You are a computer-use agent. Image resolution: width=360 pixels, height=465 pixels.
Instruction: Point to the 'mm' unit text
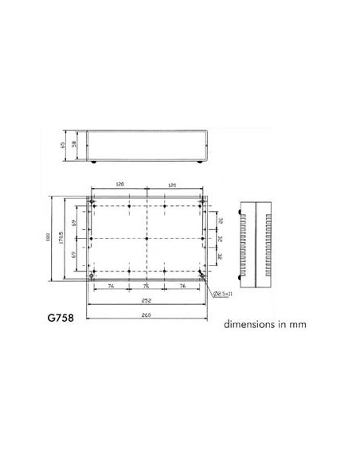[x=297, y=325]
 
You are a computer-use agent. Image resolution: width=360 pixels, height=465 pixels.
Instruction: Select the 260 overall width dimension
[x=147, y=315]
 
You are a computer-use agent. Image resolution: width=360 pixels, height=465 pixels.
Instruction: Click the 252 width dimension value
[x=147, y=301]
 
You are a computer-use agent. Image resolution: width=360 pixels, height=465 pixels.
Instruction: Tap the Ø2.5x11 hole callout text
[x=224, y=294]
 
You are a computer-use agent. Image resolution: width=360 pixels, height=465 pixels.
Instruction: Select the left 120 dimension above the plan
[x=119, y=184]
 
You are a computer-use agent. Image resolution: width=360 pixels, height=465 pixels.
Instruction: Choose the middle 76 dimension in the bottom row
[x=147, y=285]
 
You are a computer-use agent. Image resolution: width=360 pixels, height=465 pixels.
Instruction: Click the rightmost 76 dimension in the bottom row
[x=182, y=285]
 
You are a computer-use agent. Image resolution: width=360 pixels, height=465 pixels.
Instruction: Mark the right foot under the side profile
[x=198, y=162]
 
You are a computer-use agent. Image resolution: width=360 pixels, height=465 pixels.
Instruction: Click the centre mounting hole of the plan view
[x=147, y=238]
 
